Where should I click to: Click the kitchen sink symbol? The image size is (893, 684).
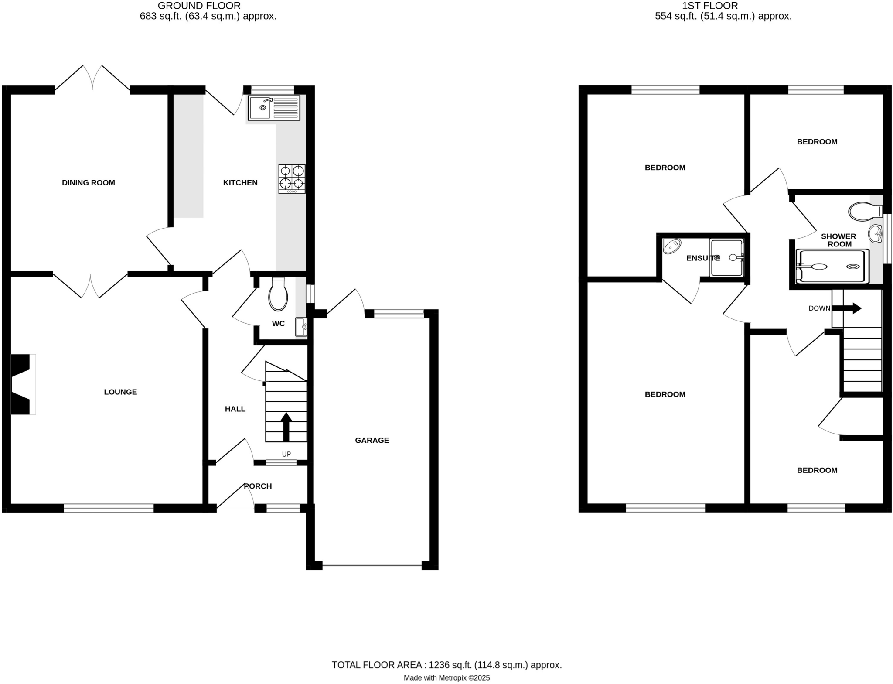click(x=274, y=108)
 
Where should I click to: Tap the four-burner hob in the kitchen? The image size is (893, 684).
click(x=292, y=178)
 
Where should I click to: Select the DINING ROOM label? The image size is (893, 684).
click(x=89, y=183)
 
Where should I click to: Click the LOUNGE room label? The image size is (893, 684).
click(x=120, y=392)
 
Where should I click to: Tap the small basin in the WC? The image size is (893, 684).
click(x=301, y=327)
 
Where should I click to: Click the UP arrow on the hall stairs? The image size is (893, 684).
click(x=286, y=427)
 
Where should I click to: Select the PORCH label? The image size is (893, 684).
click(x=258, y=486)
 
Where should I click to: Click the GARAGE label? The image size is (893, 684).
click(x=372, y=441)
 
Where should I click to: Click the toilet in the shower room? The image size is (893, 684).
click(x=861, y=211)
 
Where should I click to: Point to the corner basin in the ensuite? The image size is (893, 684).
click(x=671, y=246)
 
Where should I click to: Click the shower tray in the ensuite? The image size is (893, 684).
click(x=726, y=258)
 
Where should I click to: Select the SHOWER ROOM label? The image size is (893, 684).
click(x=838, y=240)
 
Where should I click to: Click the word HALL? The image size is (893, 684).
click(x=235, y=409)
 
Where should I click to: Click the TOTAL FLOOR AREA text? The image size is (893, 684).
click(x=446, y=665)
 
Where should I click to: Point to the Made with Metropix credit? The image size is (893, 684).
click(x=446, y=678)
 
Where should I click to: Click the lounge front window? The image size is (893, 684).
click(x=109, y=508)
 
